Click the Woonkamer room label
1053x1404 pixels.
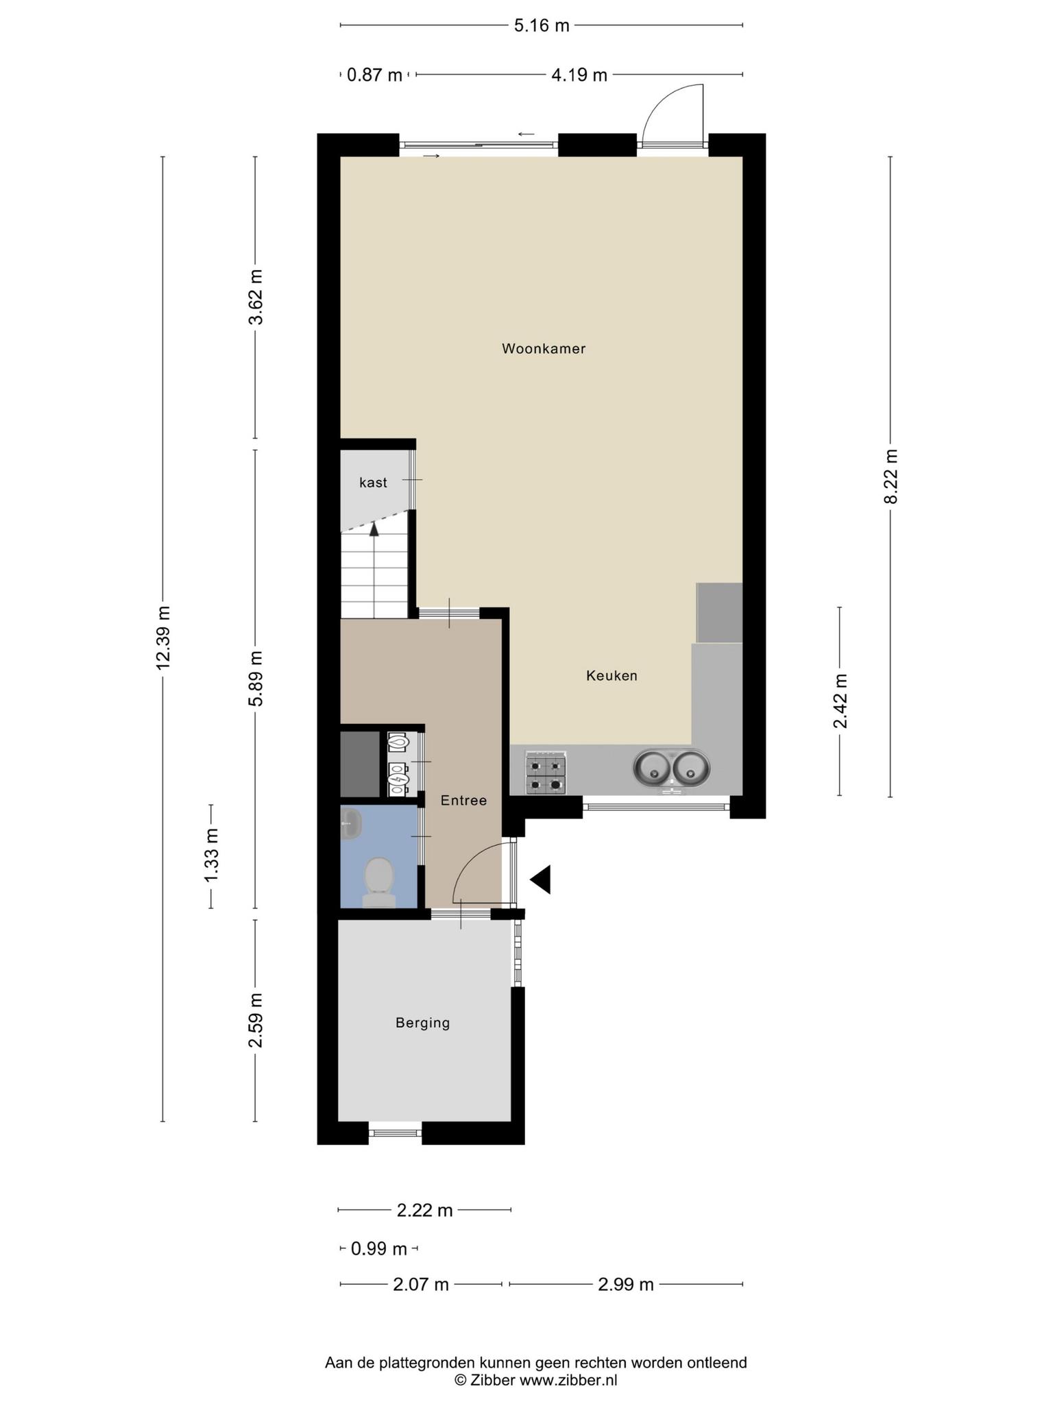click(544, 348)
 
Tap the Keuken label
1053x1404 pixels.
click(612, 675)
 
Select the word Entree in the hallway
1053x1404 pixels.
click(463, 800)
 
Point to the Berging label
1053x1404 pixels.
click(423, 1023)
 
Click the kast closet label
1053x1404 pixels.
click(373, 483)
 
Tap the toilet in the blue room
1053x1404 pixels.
click(378, 882)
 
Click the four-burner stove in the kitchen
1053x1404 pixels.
click(546, 773)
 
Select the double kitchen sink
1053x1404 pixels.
click(672, 768)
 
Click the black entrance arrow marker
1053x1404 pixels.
click(540, 880)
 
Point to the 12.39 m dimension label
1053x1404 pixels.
click(162, 638)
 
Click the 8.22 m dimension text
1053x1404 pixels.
click(891, 476)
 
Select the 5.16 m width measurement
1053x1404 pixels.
click(542, 26)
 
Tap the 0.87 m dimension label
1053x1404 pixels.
click(374, 75)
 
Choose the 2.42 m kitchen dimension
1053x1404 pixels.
click(840, 701)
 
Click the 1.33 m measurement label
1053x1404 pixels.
click(211, 856)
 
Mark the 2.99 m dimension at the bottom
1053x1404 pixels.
click(626, 1284)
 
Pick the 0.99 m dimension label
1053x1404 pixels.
click(379, 1248)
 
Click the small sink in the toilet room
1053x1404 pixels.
click(350, 822)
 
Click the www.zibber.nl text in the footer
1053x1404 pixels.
click(568, 1380)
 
